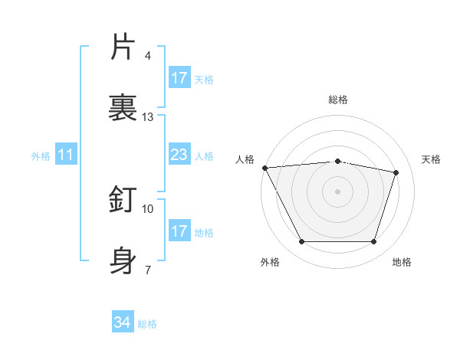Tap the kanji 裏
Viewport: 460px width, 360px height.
pos(123,106)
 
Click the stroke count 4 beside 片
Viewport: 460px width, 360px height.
pos(148,56)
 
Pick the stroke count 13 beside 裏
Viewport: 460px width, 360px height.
pos(148,116)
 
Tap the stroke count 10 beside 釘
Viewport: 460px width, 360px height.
pos(148,208)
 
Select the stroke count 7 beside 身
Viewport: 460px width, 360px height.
pos(148,270)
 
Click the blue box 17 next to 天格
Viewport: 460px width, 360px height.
pos(179,78)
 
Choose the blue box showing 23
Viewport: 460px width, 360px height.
pos(179,155)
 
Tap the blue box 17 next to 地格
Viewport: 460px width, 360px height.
pos(179,231)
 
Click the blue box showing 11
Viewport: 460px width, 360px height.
pos(66,155)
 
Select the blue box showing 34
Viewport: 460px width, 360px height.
pos(123,323)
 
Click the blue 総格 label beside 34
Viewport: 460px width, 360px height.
pos(148,324)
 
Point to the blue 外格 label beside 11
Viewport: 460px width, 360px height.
pos(41,156)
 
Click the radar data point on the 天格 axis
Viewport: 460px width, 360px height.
pos(396,172)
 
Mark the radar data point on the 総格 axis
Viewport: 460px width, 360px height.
pos(337,161)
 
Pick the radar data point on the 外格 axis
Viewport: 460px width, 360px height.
pos(301,242)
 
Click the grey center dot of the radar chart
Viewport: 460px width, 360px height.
pos(337,191)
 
